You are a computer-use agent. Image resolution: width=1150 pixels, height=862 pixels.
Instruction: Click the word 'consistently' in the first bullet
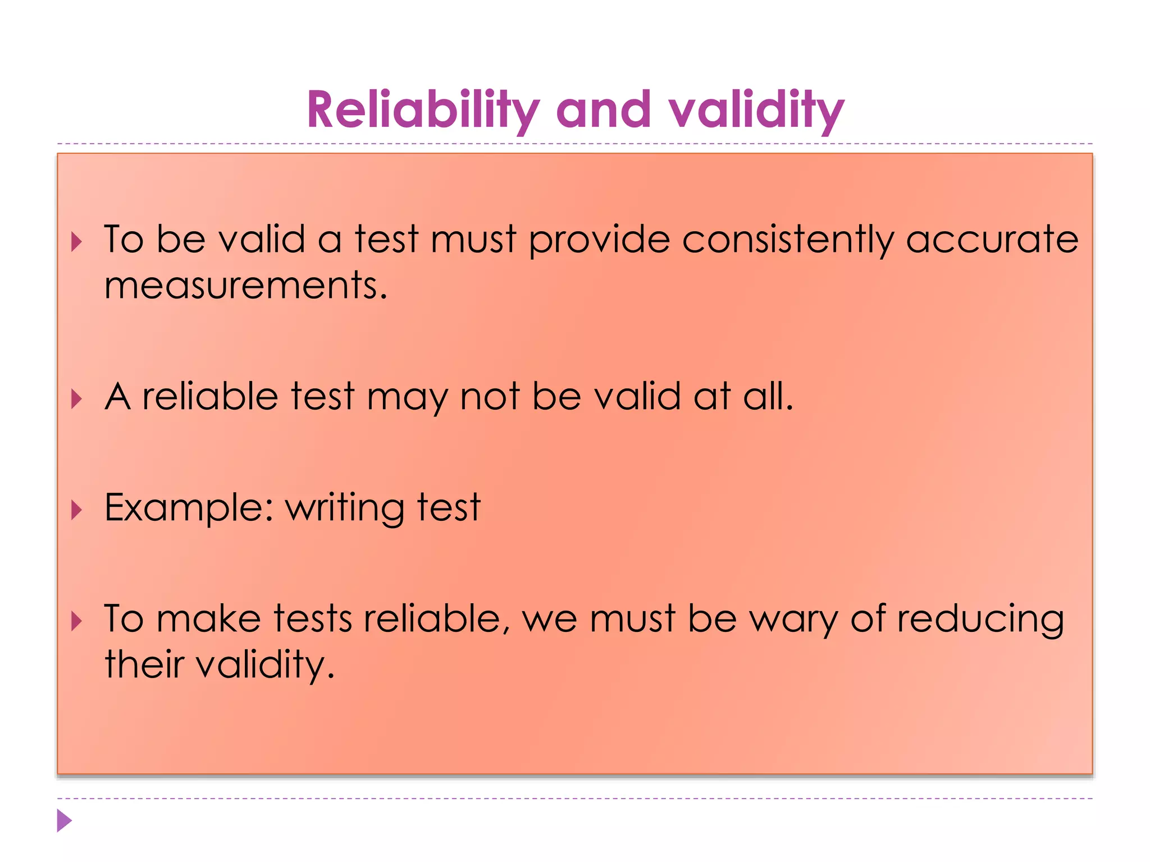(787, 240)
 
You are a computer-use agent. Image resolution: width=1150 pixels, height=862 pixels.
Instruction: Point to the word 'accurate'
(992, 240)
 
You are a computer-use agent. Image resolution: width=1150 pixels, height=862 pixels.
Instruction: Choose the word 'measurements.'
(246, 286)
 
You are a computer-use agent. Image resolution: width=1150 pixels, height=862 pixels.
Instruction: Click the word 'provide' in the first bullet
(599, 240)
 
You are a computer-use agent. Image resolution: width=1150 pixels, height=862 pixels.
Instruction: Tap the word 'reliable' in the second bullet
(210, 397)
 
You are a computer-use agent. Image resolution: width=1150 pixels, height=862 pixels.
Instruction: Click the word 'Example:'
(189, 508)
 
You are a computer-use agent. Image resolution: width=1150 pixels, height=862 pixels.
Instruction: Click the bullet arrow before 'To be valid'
(77, 242)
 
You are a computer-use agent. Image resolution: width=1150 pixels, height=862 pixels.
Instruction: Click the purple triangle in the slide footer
(64, 820)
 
